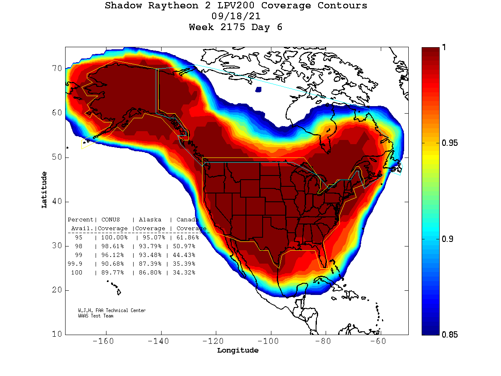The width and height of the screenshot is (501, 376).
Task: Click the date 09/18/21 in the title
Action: click(236, 17)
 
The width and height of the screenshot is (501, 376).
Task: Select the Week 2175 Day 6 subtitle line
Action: click(236, 28)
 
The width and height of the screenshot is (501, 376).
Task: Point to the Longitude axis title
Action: click(238, 351)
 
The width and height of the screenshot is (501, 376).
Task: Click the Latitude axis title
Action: click(44, 190)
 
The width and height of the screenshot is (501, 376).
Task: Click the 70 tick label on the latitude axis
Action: click(57, 69)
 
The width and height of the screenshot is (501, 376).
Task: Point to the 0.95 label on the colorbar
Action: click(450, 143)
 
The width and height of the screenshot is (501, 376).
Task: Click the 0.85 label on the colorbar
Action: click(450, 334)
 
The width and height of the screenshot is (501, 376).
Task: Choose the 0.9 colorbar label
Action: click(447, 239)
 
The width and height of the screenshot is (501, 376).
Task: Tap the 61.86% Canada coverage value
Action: click(187, 237)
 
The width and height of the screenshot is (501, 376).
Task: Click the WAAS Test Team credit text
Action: click(96, 316)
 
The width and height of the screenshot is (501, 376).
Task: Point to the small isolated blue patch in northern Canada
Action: click(258, 89)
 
